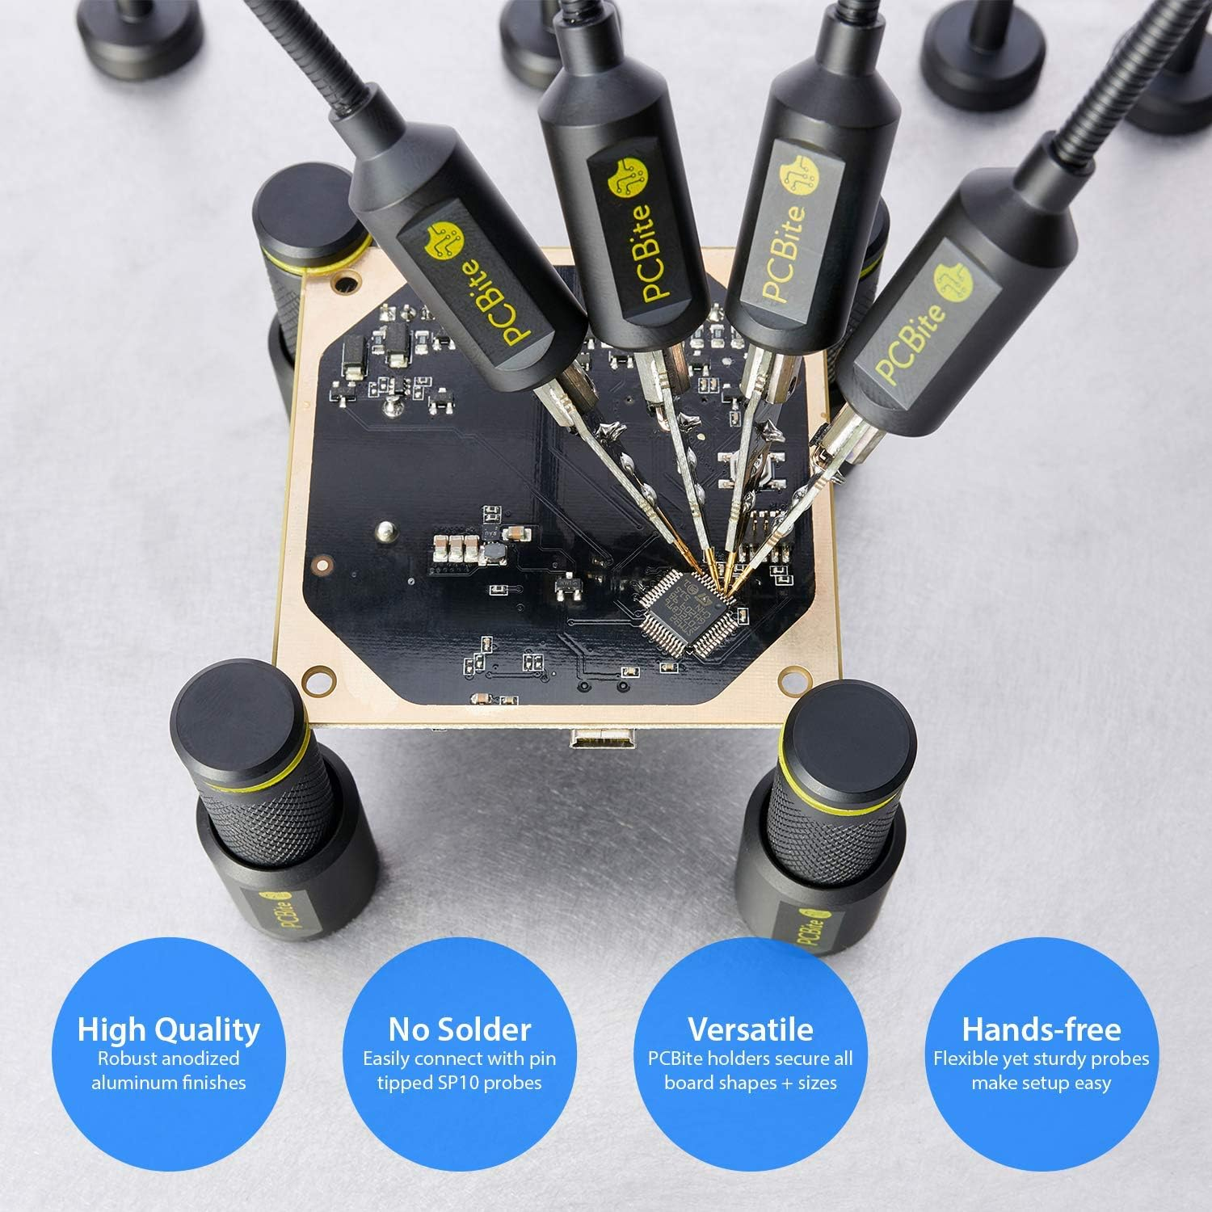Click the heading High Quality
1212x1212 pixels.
pos(169,1029)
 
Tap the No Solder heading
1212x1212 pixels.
pos(460,1029)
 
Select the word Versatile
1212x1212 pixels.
pos(750,1029)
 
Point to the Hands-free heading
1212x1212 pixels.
pos(1041,1029)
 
